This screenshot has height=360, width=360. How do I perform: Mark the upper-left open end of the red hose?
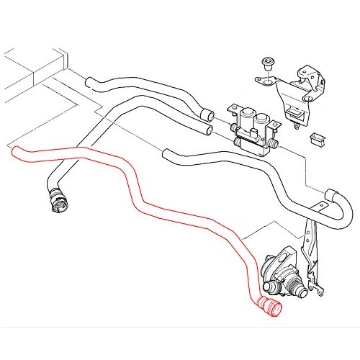(x=14, y=150)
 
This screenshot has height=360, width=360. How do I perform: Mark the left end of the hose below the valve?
(x=166, y=152)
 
